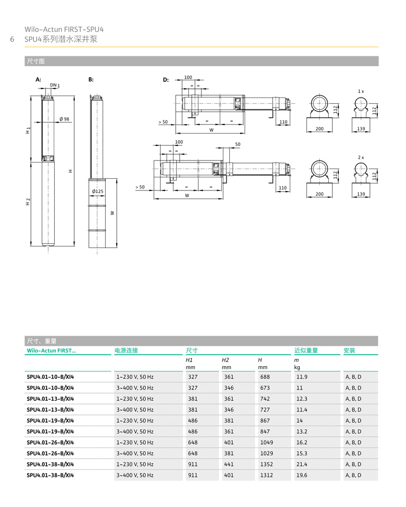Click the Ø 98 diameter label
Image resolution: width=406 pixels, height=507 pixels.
point(64,119)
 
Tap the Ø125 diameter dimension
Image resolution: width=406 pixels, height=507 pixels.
point(98,191)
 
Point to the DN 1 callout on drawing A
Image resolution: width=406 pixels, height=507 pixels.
point(55,85)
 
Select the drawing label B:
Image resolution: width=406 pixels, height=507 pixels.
point(91,80)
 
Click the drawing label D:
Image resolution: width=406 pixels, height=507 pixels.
point(165,80)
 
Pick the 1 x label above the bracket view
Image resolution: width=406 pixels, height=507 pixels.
point(361,91)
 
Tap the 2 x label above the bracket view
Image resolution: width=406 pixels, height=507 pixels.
point(361,157)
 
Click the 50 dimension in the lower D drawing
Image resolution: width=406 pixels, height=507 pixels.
point(238,145)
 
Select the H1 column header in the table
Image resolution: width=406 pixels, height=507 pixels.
point(189,360)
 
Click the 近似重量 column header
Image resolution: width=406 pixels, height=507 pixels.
point(306,351)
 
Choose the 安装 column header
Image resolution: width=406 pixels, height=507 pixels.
point(349,351)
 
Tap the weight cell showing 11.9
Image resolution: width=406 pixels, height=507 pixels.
point(301,377)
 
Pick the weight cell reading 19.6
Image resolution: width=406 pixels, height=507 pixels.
point(301,476)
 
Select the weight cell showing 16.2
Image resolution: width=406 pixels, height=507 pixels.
point(301,442)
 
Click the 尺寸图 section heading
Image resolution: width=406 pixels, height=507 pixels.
point(35,61)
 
